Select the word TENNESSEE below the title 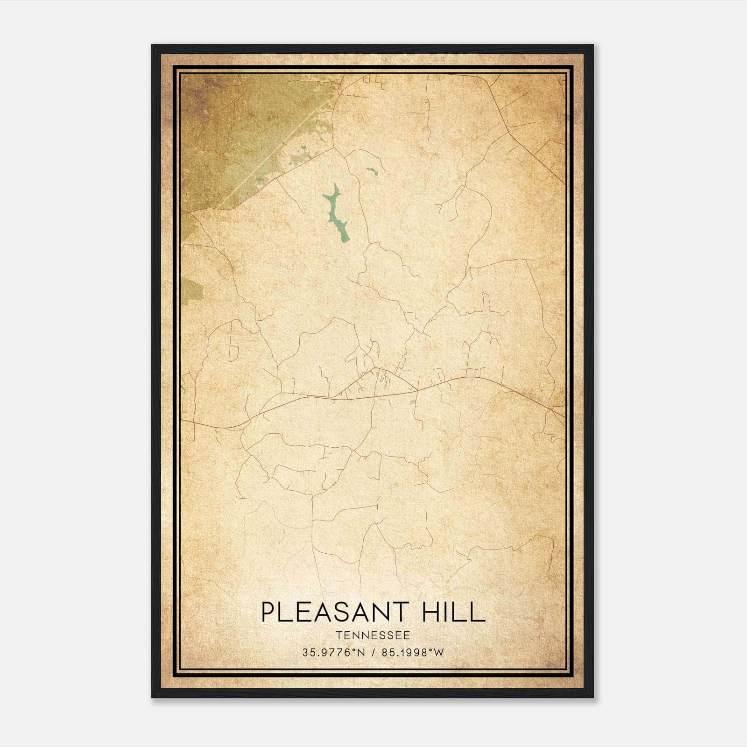coord(373,635)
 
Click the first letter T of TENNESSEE coord(338,635)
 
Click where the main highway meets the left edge coord(182,420)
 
